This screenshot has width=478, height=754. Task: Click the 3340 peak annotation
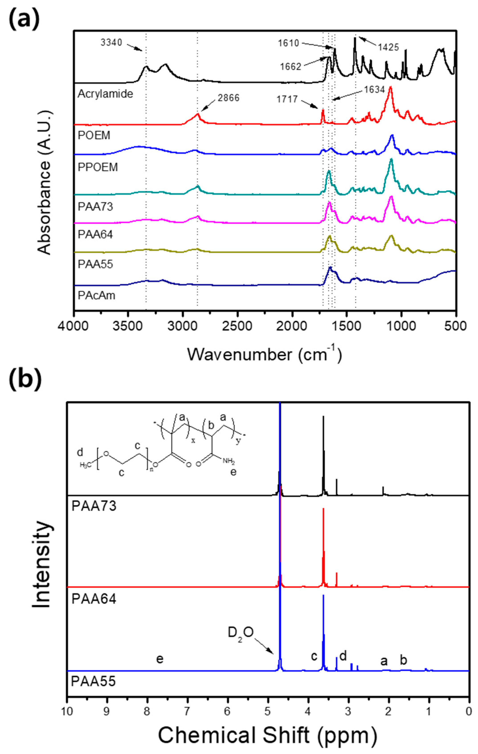111,43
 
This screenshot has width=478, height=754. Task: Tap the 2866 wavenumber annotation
228,98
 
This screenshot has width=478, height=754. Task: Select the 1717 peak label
287,100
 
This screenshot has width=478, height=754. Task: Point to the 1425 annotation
388,47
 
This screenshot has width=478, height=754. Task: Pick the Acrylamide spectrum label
105,94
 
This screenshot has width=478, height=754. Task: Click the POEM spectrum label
94,135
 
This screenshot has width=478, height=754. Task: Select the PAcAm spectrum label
96,295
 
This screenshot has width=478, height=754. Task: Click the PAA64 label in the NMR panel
94,599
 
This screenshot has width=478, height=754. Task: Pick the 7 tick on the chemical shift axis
187,711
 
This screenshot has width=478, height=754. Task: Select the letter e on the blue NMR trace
160,659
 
